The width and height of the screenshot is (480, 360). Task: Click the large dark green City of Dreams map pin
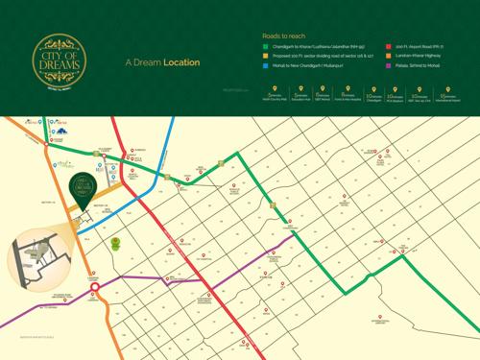84,184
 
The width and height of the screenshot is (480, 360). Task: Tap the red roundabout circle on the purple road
95,287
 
